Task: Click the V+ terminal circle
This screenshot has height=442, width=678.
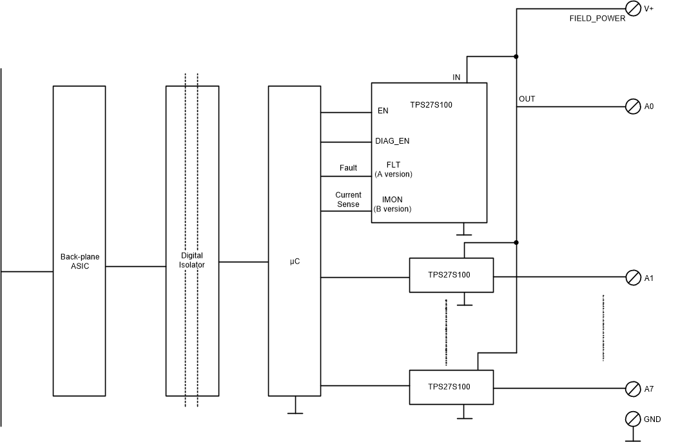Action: tap(634, 8)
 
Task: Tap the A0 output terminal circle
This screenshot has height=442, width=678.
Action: tap(634, 107)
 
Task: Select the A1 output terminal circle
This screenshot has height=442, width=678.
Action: tap(634, 278)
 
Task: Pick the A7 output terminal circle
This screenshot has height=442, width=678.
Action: tap(634, 389)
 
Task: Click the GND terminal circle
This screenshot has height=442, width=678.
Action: tap(634, 419)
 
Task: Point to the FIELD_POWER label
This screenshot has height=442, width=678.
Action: tap(597, 19)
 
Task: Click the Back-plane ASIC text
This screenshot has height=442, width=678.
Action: tap(79, 261)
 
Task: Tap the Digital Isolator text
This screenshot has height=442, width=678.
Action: tap(192, 260)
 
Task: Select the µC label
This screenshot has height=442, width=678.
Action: tap(295, 262)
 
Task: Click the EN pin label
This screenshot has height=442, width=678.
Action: tap(383, 111)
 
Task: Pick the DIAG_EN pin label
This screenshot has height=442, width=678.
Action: tap(392, 141)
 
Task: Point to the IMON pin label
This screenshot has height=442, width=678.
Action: tap(392, 200)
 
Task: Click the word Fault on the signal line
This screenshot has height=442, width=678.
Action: tap(348, 168)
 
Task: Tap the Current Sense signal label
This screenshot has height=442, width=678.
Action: tap(348, 200)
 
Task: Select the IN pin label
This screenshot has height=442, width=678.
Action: tap(456, 77)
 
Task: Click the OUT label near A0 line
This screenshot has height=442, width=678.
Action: tap(527, 99)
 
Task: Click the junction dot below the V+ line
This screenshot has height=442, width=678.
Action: tap(516, 56)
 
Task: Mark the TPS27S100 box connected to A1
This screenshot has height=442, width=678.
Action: tap(451, 275)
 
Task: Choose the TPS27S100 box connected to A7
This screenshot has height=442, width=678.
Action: tap(451, 387)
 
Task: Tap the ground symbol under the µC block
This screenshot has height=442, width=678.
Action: tap(295, 409)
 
